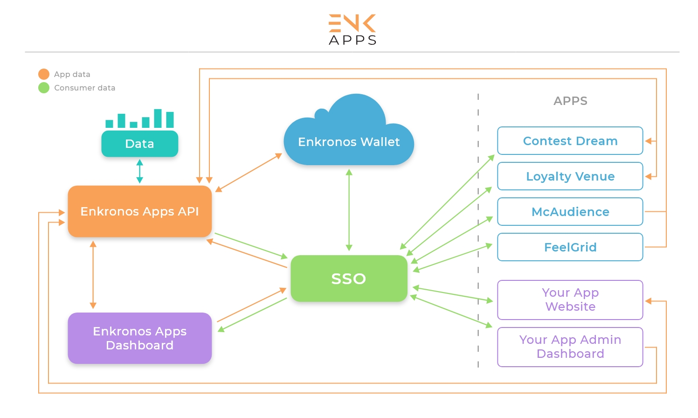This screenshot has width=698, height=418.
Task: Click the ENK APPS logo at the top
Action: point(352,29)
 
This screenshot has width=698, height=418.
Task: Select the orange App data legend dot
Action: point(44,74)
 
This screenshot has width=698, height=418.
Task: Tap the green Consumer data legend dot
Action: point(44,88)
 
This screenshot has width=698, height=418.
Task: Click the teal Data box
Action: point(139,144)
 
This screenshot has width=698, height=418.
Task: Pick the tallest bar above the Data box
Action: point(158,118)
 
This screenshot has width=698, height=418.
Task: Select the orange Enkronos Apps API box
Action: point(139,211)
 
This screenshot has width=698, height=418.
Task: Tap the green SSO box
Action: point(349,279)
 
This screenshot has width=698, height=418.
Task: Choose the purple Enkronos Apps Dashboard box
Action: point(139,338)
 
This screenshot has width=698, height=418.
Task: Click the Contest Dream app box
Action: point(570,141)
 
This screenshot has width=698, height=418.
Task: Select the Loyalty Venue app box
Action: point(570,176)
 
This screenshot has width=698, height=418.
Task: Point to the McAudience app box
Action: point(570,212)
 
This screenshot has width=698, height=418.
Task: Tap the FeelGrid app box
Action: point(570,247)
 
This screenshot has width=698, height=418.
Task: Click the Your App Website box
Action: point(570,300)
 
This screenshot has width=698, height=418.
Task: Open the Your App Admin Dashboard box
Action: point(570,347)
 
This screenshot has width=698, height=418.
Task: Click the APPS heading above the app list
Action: point(570,101)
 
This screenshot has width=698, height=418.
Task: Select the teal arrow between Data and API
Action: point(139,171)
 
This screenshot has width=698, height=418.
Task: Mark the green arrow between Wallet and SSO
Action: point(349,210)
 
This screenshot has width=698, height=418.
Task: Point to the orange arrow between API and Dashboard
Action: point(93,275)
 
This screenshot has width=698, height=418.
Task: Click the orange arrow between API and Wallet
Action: point(249,173)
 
